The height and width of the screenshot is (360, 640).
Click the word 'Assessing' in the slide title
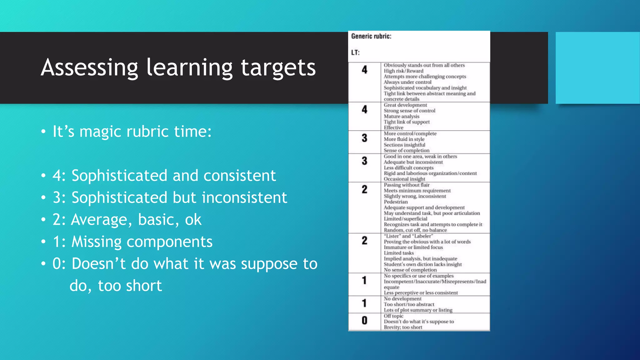[89, 68]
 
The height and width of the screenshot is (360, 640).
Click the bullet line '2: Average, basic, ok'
[127, 220]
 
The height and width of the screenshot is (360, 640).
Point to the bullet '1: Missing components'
[132, 242]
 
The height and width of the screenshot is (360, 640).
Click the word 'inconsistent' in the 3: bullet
[244, 198]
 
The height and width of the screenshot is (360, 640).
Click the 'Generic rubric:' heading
[371, 36]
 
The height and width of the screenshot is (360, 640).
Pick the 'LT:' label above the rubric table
[355, 52]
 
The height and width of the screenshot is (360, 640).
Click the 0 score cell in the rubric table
[364, 321]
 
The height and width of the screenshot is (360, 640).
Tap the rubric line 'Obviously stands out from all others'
[424, 65]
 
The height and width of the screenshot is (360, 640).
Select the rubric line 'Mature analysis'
[402, 116]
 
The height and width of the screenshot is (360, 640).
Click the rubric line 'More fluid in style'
[404, 139]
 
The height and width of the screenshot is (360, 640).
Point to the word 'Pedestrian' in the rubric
[396, 202]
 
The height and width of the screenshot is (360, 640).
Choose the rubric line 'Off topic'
[393, 316]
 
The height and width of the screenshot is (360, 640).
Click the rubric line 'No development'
[402, 299]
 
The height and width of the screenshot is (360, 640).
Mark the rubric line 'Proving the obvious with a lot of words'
[427, 242]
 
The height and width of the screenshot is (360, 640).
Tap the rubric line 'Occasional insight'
[404, 179]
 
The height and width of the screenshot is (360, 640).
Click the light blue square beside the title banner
[597, 68]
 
